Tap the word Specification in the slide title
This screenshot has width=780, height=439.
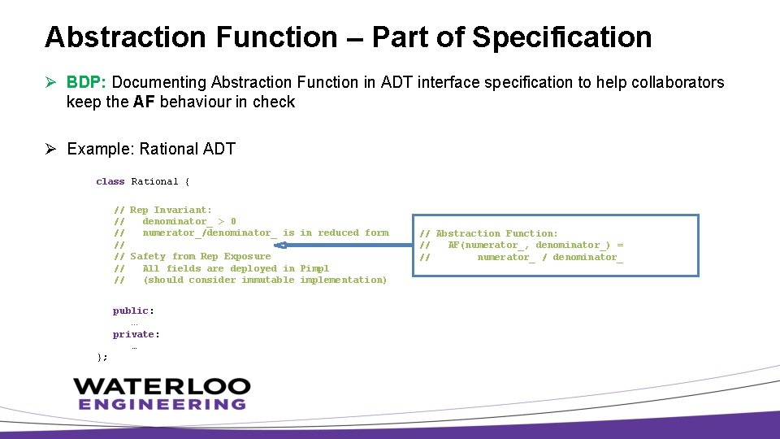coord(561,37)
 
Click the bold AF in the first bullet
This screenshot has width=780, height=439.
coord(144,102)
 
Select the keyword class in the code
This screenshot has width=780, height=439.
coord(110,181)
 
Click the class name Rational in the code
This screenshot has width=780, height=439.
coord(154,181)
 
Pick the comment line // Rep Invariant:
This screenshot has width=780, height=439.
coord(162,210)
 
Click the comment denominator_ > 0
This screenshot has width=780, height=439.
coord(189,221)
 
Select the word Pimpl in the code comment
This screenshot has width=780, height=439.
coord(314,268)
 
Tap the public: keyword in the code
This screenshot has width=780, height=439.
coord(133,311)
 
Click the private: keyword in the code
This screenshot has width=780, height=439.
coord(136,334)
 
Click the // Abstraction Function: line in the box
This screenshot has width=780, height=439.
coord(489,233)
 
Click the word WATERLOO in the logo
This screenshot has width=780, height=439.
coord(162,387)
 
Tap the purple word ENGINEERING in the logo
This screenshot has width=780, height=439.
coord(162,404)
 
